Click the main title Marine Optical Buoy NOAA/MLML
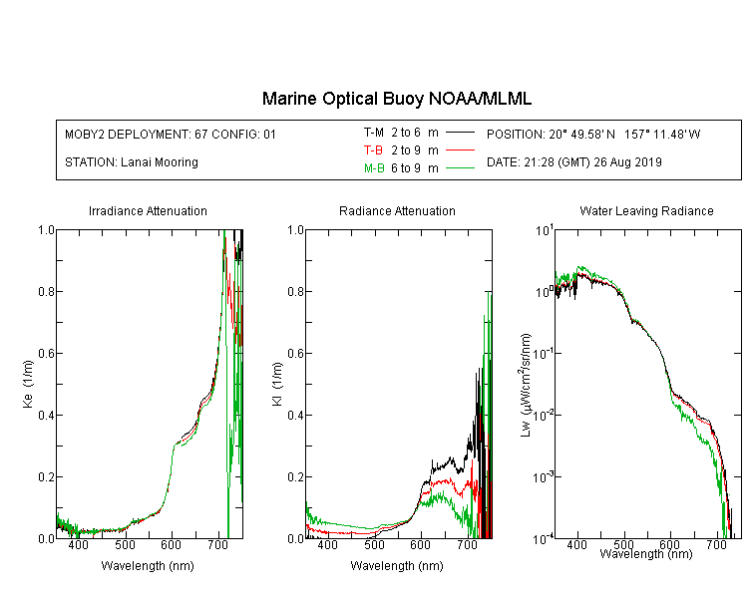click(x=397, y=99)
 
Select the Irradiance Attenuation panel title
click(x=148, y=210)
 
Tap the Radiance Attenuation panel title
click(x=397, y=210)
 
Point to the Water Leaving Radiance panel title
click(x=646, y=210)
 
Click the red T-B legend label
click(x=373, y=150)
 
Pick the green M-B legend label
click(x=374, y=168)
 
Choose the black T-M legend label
click(x=374, y=133)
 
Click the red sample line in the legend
click(x=460, y=150)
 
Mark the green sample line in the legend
click(x=460, y=168)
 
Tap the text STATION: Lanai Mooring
click(x=132, y=162)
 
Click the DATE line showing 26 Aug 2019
click(x=574, y=162)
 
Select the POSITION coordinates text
click(x=593, y=134)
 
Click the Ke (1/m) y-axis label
click(x=28, y=385)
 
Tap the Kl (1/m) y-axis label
click(x=277, y=385)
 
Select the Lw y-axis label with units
click(x=526, y=386)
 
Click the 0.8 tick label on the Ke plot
click(x=46, y=291)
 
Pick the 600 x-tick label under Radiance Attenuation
click(x=420, y=545)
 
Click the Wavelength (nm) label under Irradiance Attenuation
click(x=148, y=566)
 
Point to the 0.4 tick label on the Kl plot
click(x=296, y=415)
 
